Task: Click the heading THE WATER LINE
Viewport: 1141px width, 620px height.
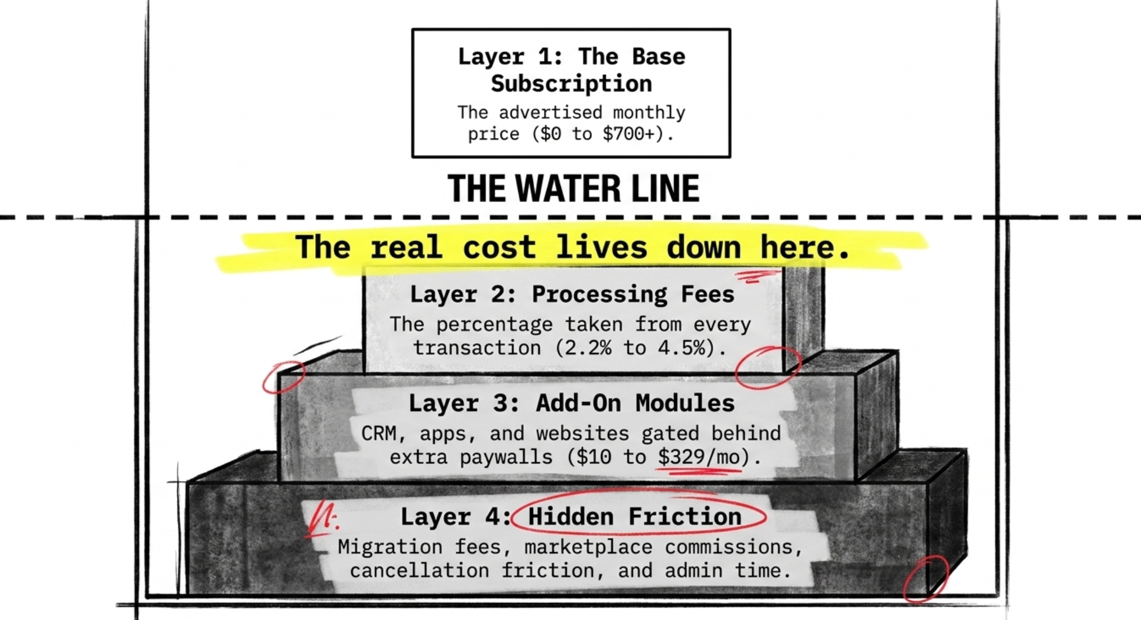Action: click(x=573, y=189)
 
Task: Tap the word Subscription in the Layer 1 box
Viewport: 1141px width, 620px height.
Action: click(x=571, y=84)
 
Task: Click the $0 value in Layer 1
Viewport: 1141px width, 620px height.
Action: click(x=550, y=134)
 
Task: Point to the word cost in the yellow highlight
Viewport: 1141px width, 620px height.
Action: click(x=499, y=247)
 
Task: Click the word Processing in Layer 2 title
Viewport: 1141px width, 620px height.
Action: click(x=599, y=294)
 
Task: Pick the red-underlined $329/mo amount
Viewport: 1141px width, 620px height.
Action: click(x=699, y=458)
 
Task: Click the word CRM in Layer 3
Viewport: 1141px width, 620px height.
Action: click(x=379, y=433)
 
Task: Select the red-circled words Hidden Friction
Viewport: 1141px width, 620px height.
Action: click(x=635, y=517)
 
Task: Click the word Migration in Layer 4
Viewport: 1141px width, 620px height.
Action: click(x=390, y=547)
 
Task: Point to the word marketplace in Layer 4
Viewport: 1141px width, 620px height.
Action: click(x=588, y=547)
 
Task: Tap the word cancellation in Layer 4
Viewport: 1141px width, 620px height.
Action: click(x=419, y=571)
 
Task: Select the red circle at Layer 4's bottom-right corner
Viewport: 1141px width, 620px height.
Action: click(x=926, y=579)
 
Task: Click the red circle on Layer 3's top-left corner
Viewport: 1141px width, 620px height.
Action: click(x=283, y=376)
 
